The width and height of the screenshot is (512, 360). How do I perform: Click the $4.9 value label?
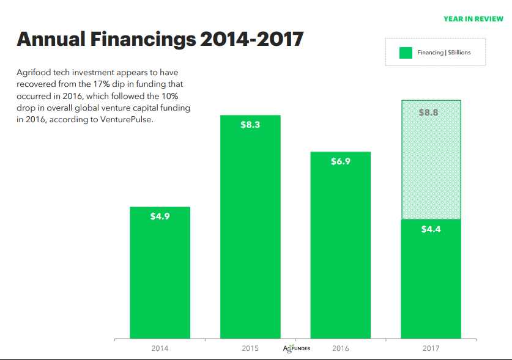[x=160, y=216]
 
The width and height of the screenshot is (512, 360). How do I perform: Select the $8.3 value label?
[x=250, y=125]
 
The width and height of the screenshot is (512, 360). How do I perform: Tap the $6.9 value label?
[x=341, y=161]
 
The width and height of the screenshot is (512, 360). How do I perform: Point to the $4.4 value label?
[x=431, y=229]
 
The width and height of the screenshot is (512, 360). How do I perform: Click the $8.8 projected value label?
[x=431, y=112]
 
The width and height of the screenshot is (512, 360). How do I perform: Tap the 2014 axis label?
[x=160, y=348]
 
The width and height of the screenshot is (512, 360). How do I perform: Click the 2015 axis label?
[x=250, y=348]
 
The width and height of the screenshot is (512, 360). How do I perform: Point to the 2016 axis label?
[x=341, y=348]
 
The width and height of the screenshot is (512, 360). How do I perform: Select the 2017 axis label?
[x=431, y=348]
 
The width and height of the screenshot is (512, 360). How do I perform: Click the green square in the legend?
[x=405, y=53]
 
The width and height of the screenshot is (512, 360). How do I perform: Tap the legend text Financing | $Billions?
[x=443, y=53]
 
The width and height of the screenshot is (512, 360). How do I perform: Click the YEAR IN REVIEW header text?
[x=473, y=19]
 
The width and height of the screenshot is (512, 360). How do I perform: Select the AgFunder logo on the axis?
[x=297, y=348]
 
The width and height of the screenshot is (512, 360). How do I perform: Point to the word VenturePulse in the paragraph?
[x=131, y=119]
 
